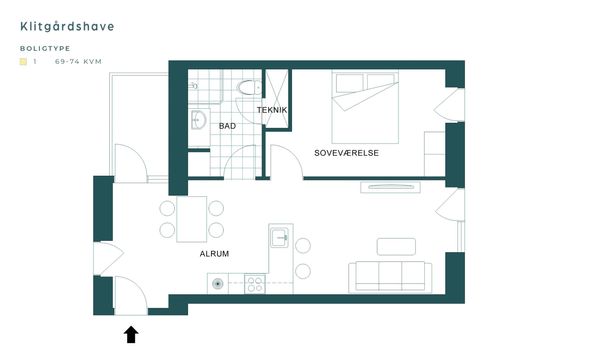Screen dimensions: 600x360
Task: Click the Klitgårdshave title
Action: pyautogui.click(x=67, y=26)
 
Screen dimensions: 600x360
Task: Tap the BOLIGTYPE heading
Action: pyautogui.click(x=45, y=49)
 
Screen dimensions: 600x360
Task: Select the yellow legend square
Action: pyautogui.click(x=23, y=62)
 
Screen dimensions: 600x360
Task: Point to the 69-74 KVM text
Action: pyautogui.click(x=78, y=62)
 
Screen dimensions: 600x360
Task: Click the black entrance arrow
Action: pyautogui.click(x=131, y=334)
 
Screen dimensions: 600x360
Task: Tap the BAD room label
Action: pyautogui.click(x=227, y=126)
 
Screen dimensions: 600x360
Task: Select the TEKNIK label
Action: pyautogui.click(x=272, y=110)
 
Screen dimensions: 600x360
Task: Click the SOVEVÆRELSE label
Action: pyautogui.click(x=346, y=153)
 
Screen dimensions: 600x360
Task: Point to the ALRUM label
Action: pyautogui.click(x=214, y=254)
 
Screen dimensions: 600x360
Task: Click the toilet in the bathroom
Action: pyautogui.click(x=249, y=87)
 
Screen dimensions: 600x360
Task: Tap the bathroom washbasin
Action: pyautogui.click(x=199, y=120)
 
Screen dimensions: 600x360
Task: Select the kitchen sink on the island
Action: pyautogui.click(x=279, y=238)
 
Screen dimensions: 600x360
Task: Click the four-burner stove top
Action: pyautogui.click(x=255, y=283)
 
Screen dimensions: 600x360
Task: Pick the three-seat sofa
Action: pyautogui.click(x=390, y=277)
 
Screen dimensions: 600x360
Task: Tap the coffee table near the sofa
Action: pyautogui.click(x=396, y=247)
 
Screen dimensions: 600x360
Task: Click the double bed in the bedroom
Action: pyautogui.click(x=365, y=108)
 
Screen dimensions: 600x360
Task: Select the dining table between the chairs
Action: pyautogui.click(x=192, y=219)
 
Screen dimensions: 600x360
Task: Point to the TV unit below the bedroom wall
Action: pyautogui.click(x=390, y=187)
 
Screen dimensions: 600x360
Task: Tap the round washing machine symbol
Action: pyautogui.click(x=218, y=284)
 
